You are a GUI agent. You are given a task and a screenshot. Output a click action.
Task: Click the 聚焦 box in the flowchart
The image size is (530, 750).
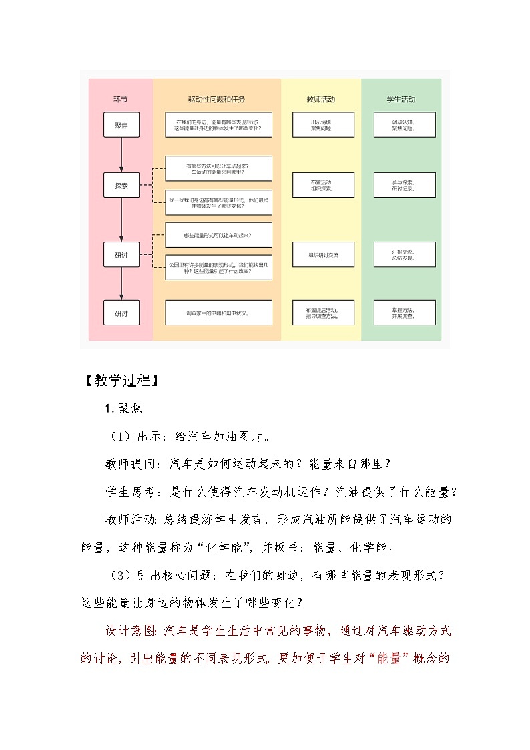point(121,125)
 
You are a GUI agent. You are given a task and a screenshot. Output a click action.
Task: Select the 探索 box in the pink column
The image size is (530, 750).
point(121,186)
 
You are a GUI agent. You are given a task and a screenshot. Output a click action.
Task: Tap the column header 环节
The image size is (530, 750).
point(121,100)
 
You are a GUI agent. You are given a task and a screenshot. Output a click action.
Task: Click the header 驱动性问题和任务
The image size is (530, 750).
point(216,100)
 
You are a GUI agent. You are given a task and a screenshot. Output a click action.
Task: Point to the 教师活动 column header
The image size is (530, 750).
point(320,100)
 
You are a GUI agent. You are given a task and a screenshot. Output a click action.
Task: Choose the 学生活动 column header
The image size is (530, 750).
point(401,100)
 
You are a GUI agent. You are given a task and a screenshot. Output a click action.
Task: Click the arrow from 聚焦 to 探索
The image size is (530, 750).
point(121,155)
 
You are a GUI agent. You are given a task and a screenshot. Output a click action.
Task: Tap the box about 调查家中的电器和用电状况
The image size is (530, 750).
point(218,313)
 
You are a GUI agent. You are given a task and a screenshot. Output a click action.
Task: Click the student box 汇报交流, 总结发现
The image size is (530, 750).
point(404,254)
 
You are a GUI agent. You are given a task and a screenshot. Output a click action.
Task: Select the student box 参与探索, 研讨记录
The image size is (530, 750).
point(404,185)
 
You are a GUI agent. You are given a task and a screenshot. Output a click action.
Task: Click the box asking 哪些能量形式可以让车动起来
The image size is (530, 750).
point(218,235)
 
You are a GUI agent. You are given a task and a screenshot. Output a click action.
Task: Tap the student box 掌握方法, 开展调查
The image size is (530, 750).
point(404,313)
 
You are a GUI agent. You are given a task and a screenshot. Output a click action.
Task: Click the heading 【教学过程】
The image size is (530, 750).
point(120,381)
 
